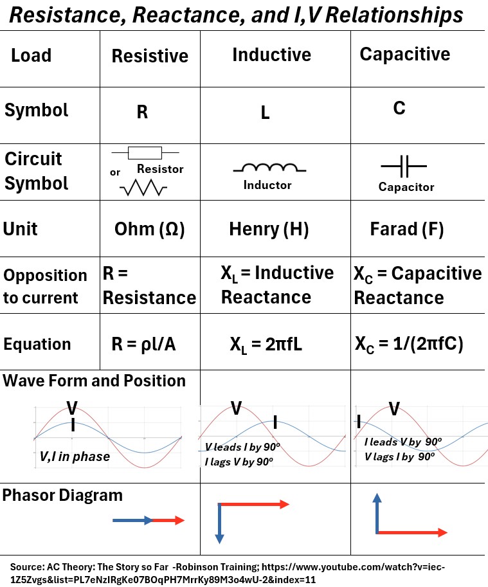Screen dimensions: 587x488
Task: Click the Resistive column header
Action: point(150,56)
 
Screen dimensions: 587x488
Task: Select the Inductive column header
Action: point(271,55)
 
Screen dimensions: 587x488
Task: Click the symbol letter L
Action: point(265,114)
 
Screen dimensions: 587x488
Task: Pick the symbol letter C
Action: point(399,108)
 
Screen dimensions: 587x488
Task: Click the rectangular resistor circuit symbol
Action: point(145,153)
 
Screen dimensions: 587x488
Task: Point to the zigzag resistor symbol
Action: point(143,188)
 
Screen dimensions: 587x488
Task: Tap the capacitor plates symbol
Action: point(404,168)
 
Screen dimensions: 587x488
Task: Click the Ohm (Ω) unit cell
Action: point(149,230)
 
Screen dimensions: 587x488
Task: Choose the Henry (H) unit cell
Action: point(269,230)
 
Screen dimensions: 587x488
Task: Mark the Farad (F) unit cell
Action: point(406,230)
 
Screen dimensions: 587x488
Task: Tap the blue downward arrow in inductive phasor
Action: point(220,524)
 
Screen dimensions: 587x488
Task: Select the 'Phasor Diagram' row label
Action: point(62,495)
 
